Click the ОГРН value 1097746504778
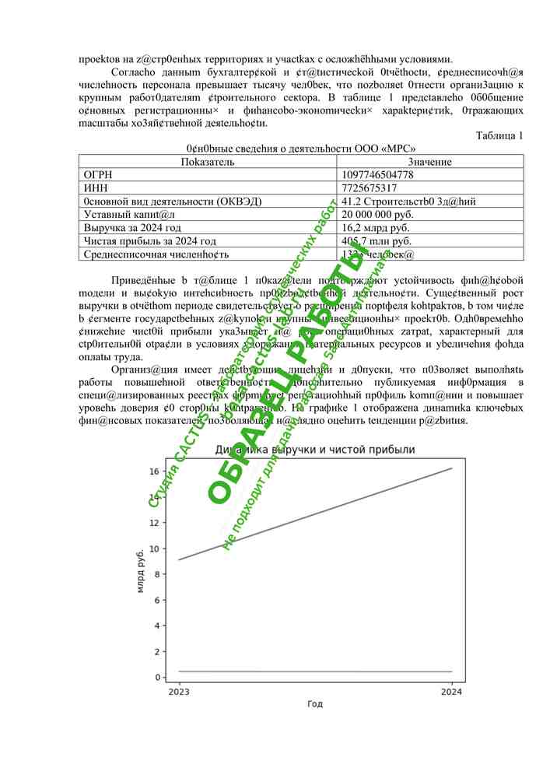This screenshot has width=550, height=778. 377,175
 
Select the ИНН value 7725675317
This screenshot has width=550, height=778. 369,188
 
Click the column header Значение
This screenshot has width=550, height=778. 430,162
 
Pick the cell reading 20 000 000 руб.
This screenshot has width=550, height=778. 377,215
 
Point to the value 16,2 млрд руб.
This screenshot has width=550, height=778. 375,228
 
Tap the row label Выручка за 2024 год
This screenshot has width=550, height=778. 132,228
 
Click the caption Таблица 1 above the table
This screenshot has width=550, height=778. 499,135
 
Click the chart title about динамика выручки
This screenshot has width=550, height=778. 315,450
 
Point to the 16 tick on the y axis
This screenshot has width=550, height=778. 154,471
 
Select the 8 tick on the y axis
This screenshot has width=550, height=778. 156,574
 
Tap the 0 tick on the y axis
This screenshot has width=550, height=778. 156,677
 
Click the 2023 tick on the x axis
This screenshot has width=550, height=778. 180,691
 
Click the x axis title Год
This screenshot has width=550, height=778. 315,704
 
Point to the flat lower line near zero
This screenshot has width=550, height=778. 315,671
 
